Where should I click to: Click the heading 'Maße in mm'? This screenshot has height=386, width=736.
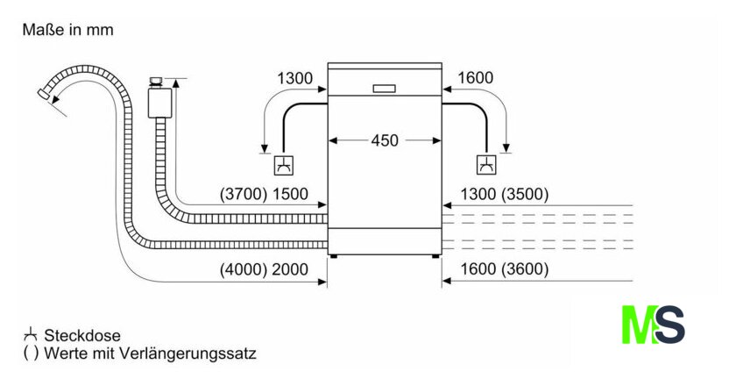pyautogui.click(x=67, y=30)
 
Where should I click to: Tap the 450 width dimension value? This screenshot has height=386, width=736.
pyautogui.click(x=385, y=139)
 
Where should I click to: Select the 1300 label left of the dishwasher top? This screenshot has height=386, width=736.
pyautogui.click(x=295, y=78)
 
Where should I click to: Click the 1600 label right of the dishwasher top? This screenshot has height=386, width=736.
pyautogui.click(x=476, y=78)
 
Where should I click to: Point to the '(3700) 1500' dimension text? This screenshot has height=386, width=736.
pyautogui.click(x=264, y=195)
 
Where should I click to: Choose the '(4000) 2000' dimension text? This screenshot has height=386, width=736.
pyautogui.click(x=264, y=270)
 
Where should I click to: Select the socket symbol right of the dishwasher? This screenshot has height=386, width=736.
pyautogui.click(x=485, y=164)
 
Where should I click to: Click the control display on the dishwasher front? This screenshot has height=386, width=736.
pyautogui.click(x=385, y=88)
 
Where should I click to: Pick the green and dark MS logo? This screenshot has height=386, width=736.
pyautogui.click(x=653, y=325)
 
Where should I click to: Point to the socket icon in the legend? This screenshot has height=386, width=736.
pyautogui.click(x=31, y=334)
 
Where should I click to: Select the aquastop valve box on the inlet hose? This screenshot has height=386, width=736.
pyautogui.click(x=158, y=99)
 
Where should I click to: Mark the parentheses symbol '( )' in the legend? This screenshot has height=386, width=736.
pyautogui.click(x=31, y=354)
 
